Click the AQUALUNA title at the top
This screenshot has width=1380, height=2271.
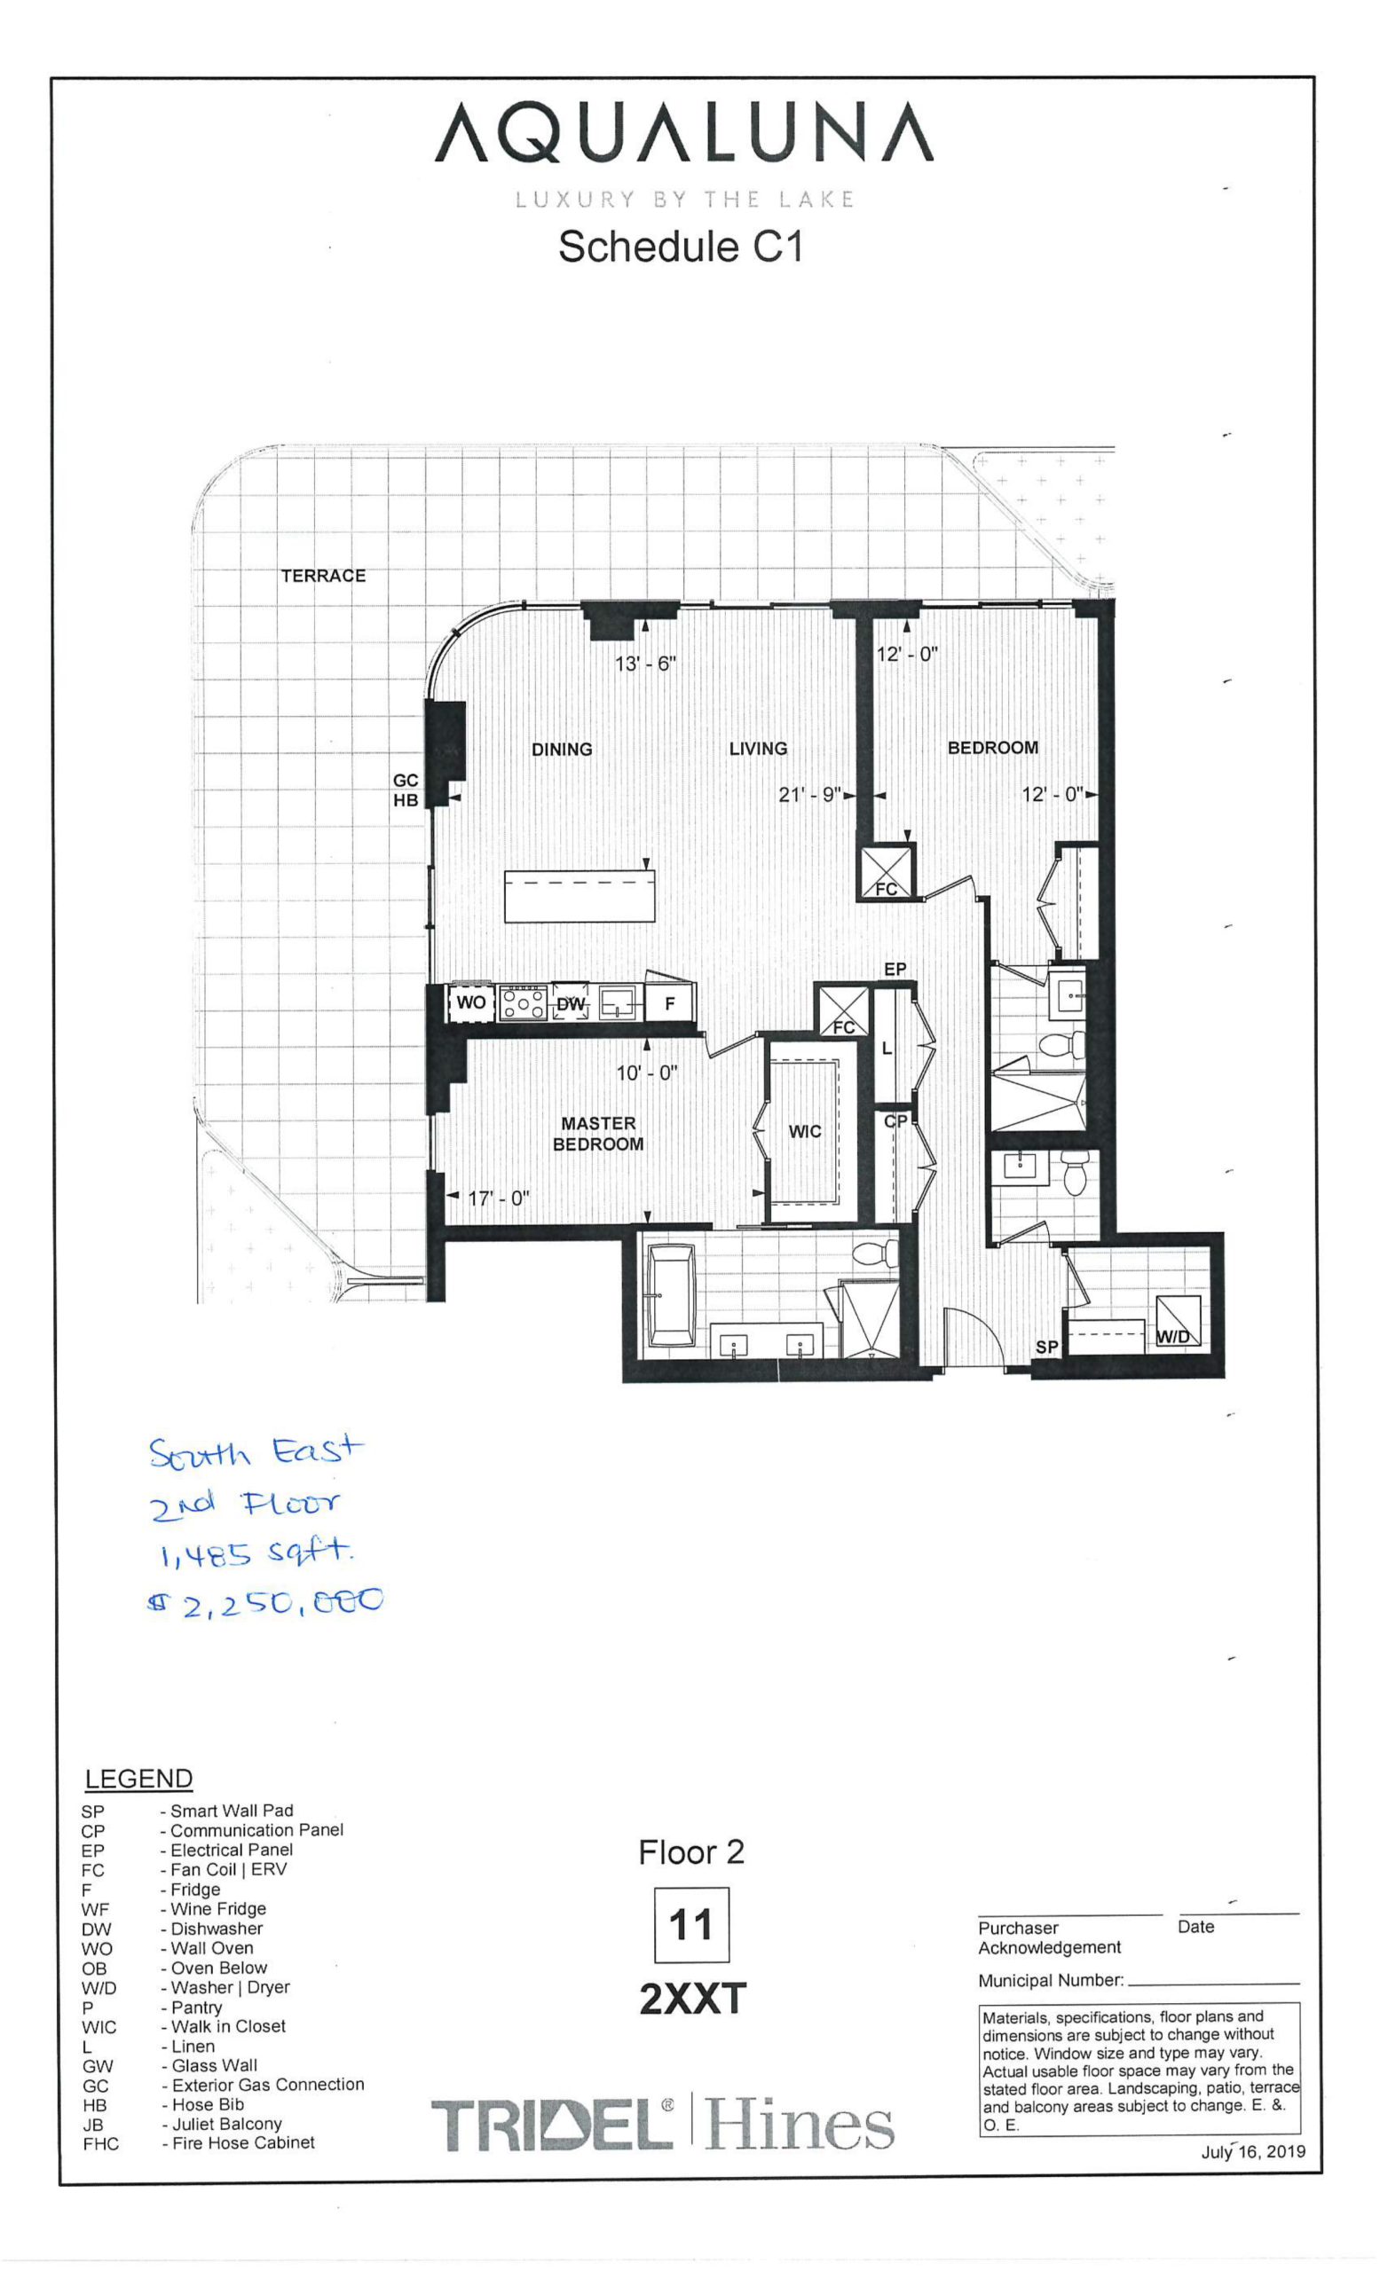point(683,132)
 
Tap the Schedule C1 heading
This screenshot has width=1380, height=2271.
point(682,247)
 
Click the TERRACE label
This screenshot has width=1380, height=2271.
point(323,576)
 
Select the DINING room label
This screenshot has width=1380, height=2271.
point(562,750)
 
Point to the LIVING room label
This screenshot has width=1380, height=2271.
point(758,749)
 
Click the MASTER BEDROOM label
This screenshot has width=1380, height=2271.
point(598,1134)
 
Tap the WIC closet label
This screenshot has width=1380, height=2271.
point(805,1132)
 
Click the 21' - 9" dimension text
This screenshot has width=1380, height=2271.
point(809,795)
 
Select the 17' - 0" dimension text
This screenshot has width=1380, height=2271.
point(499,1199)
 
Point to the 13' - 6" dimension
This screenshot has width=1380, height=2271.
point(645,664)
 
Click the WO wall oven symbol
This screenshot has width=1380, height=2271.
point(471,1002)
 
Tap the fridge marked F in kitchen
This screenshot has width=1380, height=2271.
point(670,1002)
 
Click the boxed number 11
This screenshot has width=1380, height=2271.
point(691,1925)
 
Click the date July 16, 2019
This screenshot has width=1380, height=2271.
point(1253,2153)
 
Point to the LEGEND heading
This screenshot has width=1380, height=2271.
point(139,1779)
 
